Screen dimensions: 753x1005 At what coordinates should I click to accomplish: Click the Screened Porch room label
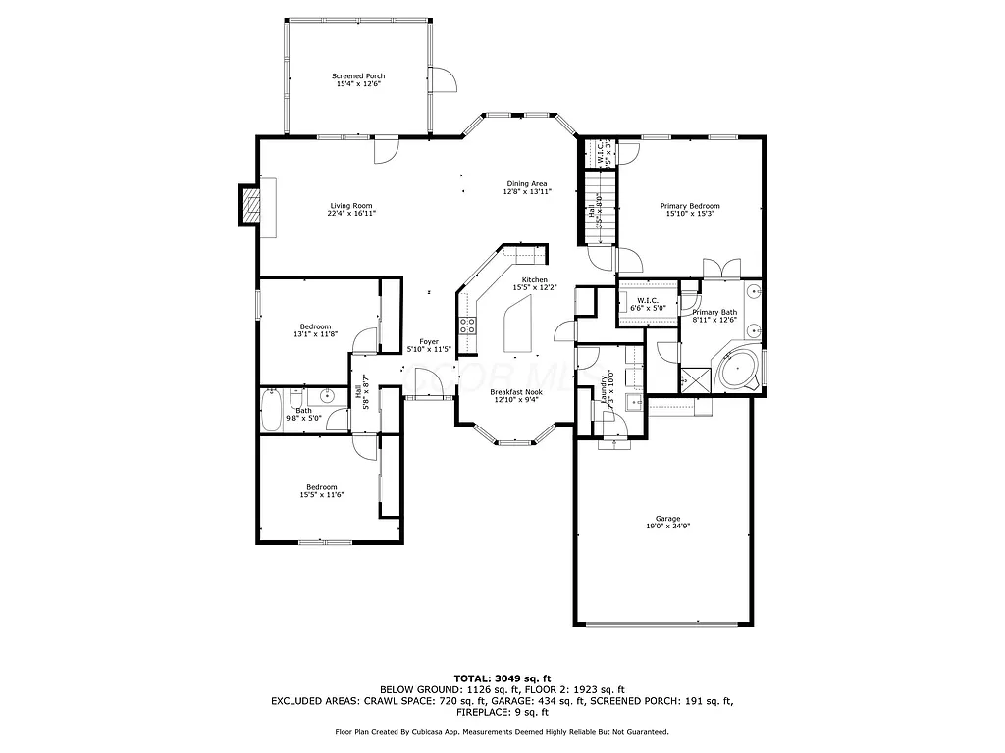coord(358,80)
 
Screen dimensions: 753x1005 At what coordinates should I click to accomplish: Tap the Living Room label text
coord(351,209)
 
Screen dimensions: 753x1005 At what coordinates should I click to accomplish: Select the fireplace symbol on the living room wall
coord(251,207)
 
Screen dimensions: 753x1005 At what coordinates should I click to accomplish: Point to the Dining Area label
coord(527,187)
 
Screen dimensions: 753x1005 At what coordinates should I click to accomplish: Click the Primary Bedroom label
coord(690,210)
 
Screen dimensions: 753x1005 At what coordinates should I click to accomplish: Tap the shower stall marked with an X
coord(696,377)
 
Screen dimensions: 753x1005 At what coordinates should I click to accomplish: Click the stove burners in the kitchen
coord(468,326)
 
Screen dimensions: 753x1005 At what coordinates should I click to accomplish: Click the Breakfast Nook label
coord(516,395)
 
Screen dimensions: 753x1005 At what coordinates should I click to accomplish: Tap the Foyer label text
coord(430,345)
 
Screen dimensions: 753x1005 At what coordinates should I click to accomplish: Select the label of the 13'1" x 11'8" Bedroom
coord(316,330)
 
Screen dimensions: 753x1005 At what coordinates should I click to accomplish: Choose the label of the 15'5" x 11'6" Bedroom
coord(322,491)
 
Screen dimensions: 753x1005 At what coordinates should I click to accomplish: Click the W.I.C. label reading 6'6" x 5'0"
coord(647,304)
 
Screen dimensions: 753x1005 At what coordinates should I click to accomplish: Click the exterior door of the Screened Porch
coord(446,79)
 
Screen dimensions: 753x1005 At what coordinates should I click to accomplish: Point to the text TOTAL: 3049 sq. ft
coord(502,678)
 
